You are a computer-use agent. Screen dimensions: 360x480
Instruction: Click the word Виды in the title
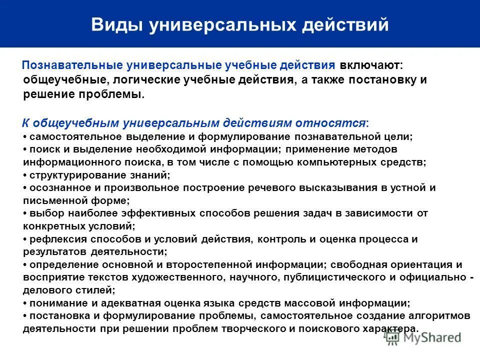[x=115, y=24]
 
